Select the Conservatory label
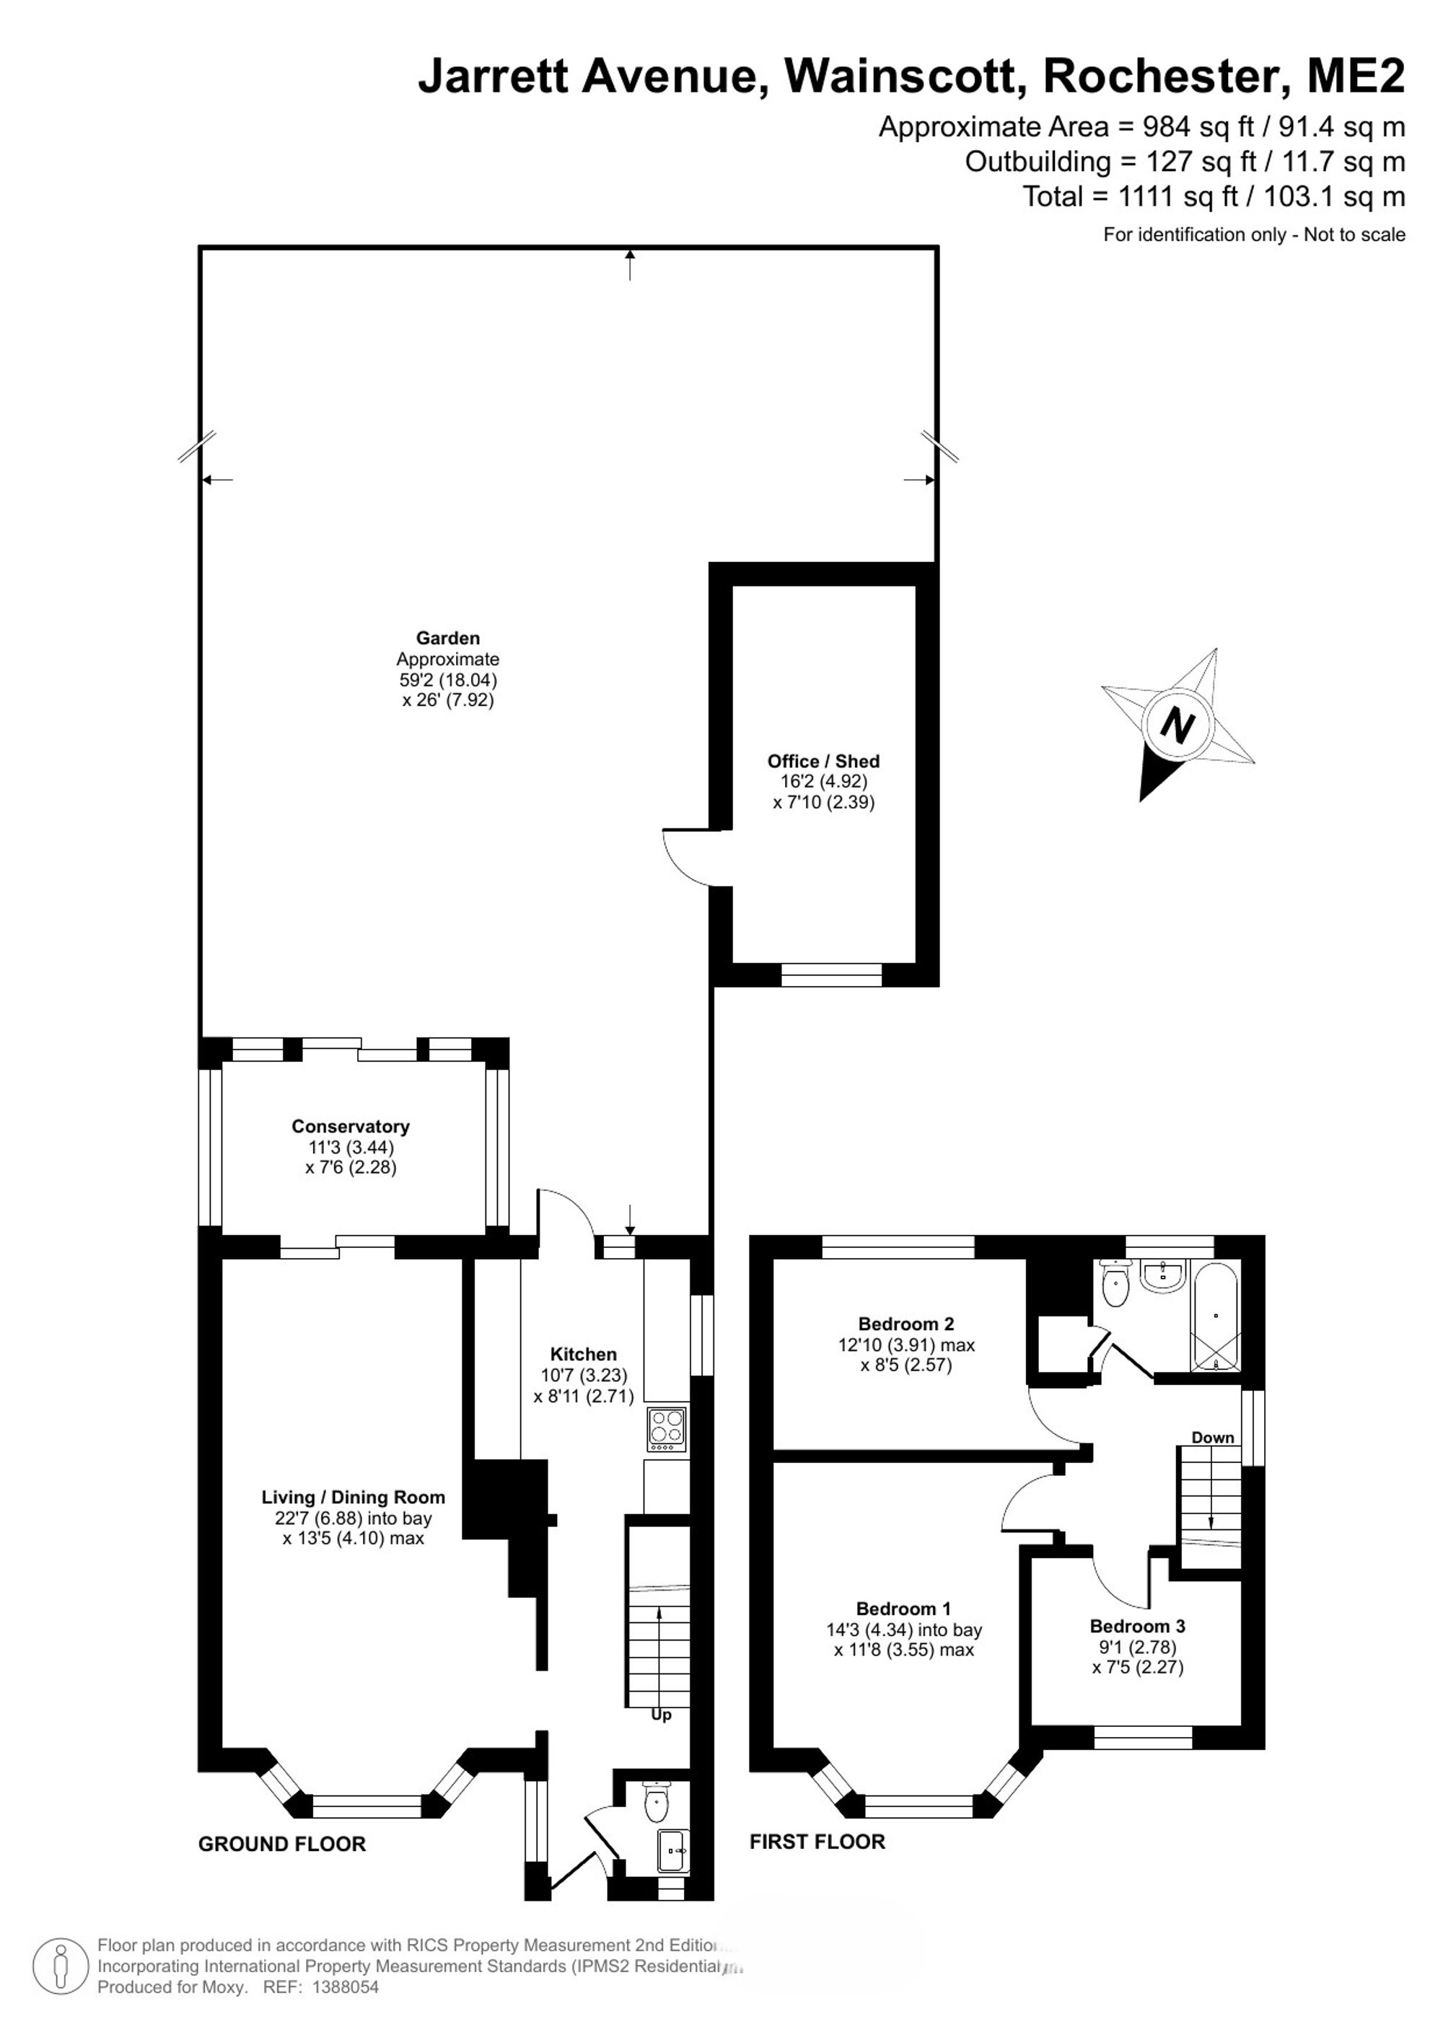[x=350, y=1127]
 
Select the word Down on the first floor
[x=1213, y=1438]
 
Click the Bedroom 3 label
[x=1137, y=1627]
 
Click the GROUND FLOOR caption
[x=281, y=1845]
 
